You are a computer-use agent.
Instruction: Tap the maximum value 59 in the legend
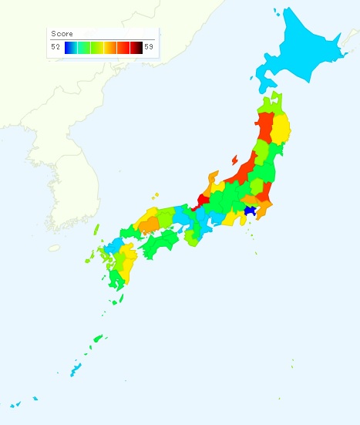tap(148, 48)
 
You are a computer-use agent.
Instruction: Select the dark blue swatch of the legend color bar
tap(69, 48)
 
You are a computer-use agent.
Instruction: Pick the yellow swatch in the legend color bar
tap(103, 48)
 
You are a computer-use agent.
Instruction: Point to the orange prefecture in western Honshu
tap(149, 224)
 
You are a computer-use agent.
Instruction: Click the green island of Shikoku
tap(162, 245)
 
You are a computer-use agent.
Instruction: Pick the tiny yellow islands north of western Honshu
tap(155, 195)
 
